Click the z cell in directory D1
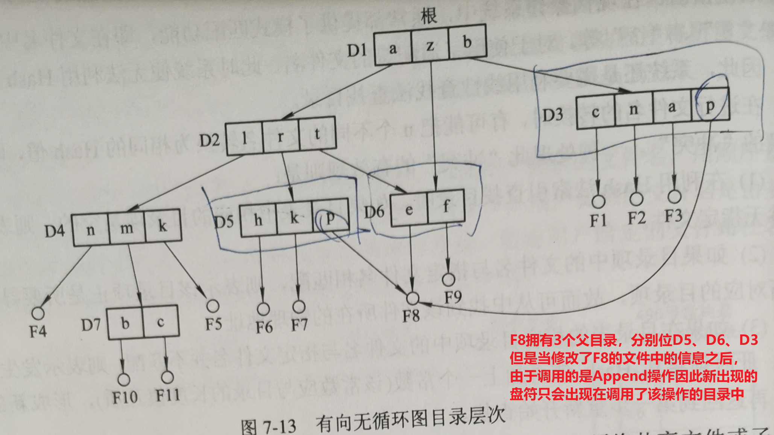(430, 45)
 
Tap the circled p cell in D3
(710, 105)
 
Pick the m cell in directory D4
(126, 228)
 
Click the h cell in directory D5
(258, 220)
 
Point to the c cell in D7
(161, 322)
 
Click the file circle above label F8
(413, 298)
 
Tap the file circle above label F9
(448, 279)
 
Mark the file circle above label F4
(38, 313)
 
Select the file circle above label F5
(213, 306)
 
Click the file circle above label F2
(636, 199)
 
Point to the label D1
(357, 50)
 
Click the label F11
(168, 395)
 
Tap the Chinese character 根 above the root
(429, 16)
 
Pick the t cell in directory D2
(317, 134)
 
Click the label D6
(374, 212)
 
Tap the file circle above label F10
(124, 379)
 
